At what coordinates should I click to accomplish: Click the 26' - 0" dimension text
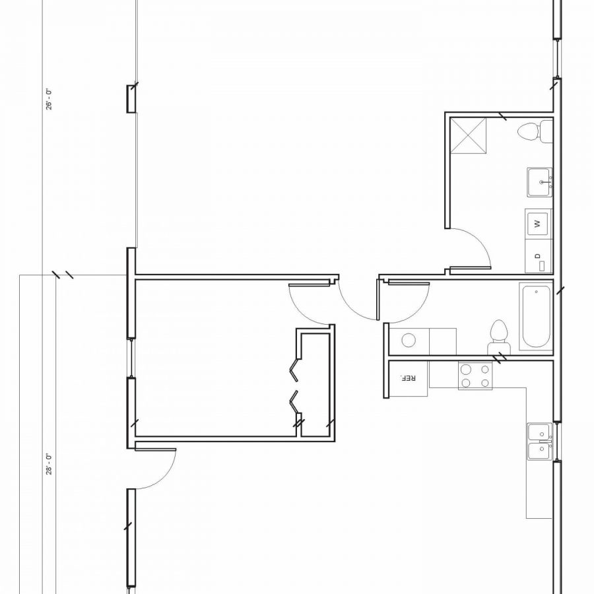click(x=49, y=100)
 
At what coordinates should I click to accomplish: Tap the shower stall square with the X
click(x=468, y=135)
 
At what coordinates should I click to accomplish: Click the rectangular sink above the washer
click(x=539, y=181)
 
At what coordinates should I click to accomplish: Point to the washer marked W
click(x=538, y=223)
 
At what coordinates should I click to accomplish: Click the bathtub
click(x=535, y=317)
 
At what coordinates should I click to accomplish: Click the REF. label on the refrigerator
click(x=408, y=379)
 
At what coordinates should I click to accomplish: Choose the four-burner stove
click(x=475, y=376)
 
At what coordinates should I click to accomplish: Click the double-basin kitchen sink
click(x=539, y=442)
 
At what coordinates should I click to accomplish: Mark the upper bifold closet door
click(x=294, y=370)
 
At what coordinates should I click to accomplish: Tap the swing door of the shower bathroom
click(x=470, y=268)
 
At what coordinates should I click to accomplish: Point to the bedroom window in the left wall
click(x=131, y=358)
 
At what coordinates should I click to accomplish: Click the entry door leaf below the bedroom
click(x=154, y=449)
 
